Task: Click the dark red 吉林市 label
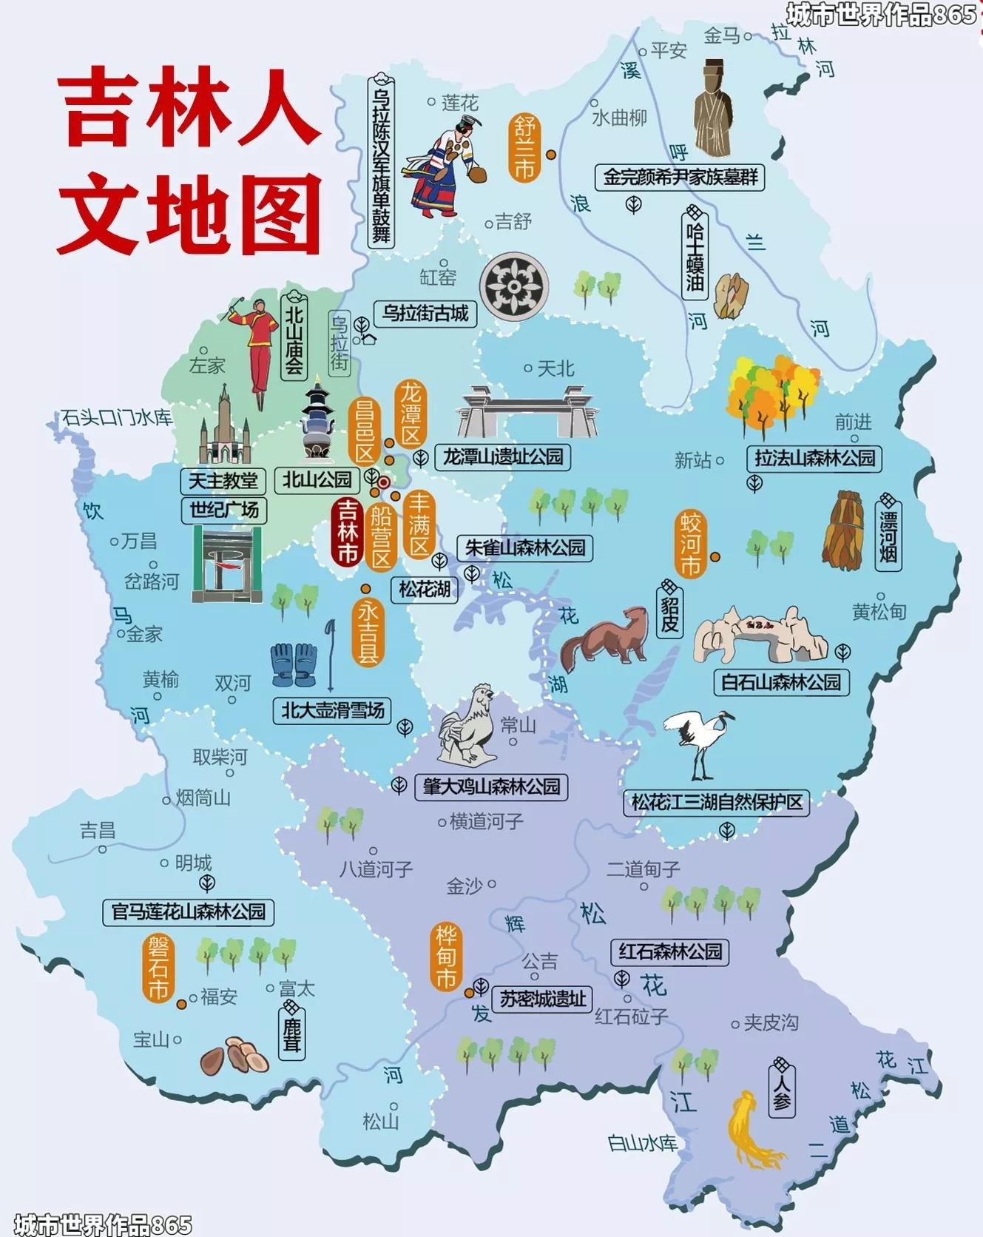point(347,531)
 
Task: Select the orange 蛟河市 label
point(690,546)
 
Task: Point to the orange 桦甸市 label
point(446,957)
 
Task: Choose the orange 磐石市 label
point(158,968)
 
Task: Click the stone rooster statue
point(467,724)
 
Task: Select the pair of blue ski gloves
point(294,664)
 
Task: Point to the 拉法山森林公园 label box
point(814,458)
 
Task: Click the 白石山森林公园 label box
point(781,682)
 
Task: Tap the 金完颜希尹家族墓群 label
point(679,177)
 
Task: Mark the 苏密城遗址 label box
point(542,1000)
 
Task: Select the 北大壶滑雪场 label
point(332,711)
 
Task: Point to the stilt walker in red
point(255,344)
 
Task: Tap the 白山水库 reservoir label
point(642,1144)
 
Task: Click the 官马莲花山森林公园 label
point(188,911)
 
